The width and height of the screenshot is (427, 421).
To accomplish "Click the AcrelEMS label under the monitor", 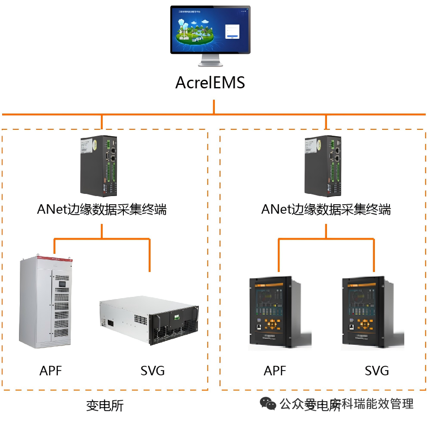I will [x=210, y=82].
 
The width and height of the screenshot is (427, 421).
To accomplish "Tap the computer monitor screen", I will [x=210, y=29].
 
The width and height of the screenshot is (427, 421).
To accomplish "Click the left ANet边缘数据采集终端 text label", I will [x=102, y=209].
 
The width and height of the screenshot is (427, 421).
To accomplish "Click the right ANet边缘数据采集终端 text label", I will [x=326, y=209].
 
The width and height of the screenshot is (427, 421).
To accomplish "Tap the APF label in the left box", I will [x=51, y=371].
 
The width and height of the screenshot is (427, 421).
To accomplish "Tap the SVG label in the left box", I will [x=152, y=371].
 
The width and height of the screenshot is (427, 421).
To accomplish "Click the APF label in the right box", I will [x=275, y=371].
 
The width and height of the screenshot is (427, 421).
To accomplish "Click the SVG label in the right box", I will [x=377, y=371].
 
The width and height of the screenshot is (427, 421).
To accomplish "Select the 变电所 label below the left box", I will [x=105, y=405].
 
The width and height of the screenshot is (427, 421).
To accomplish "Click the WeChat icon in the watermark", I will [x=268, y=404].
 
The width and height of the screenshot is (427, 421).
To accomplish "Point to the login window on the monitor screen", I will [x=232, y=31].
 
